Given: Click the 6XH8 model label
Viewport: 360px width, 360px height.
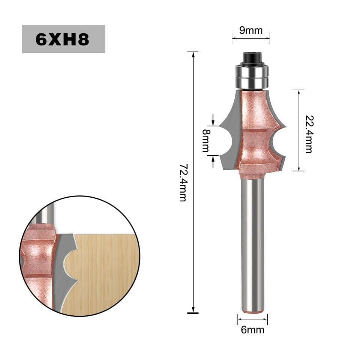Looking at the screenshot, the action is click(63, 39).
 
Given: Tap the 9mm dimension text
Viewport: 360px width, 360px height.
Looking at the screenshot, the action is click(251, 30).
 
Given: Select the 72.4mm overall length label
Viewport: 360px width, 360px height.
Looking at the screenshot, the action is click(183, 183).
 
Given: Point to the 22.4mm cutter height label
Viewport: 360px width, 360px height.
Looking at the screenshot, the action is click(309, 134).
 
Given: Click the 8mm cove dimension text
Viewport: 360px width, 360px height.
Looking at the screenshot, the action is click(206, 141).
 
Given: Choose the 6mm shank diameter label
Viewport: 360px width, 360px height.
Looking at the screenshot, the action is click(252, 330).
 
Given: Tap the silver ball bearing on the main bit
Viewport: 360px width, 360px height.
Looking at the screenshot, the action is click(252, 76).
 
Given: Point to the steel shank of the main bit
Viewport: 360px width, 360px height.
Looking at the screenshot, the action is click(252, 243).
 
